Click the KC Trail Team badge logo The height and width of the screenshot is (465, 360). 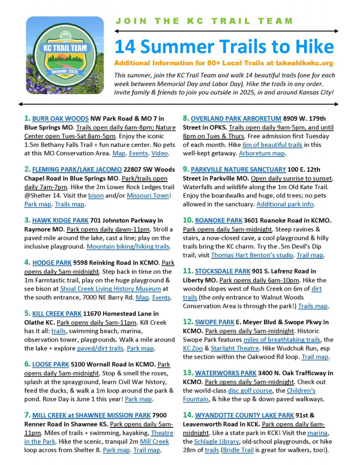[62, 55]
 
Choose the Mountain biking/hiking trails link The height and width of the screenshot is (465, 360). [128, 246]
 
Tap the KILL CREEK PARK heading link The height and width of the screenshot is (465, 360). [57, 313]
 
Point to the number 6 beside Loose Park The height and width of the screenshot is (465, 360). [27, 364]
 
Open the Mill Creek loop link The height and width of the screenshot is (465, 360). [154, 441]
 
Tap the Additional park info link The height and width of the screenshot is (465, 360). [285, 204]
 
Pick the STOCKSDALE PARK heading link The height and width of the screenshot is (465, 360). [222, 272]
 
